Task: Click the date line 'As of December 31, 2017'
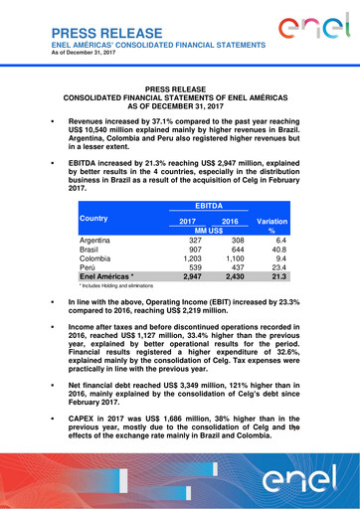point(81,55)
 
